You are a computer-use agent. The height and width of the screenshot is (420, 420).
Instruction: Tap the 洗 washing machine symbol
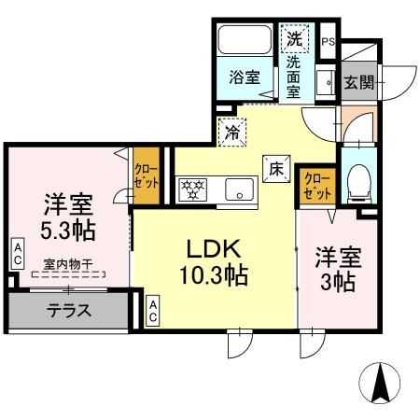coord(293,40)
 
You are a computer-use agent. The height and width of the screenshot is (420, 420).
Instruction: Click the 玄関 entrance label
coord(357,82)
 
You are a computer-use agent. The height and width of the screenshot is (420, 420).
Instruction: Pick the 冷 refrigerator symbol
coord(231,133)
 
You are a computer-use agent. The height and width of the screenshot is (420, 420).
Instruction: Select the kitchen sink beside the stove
coord(240,189)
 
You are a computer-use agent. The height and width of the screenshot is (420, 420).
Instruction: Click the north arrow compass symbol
coord(381,383)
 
